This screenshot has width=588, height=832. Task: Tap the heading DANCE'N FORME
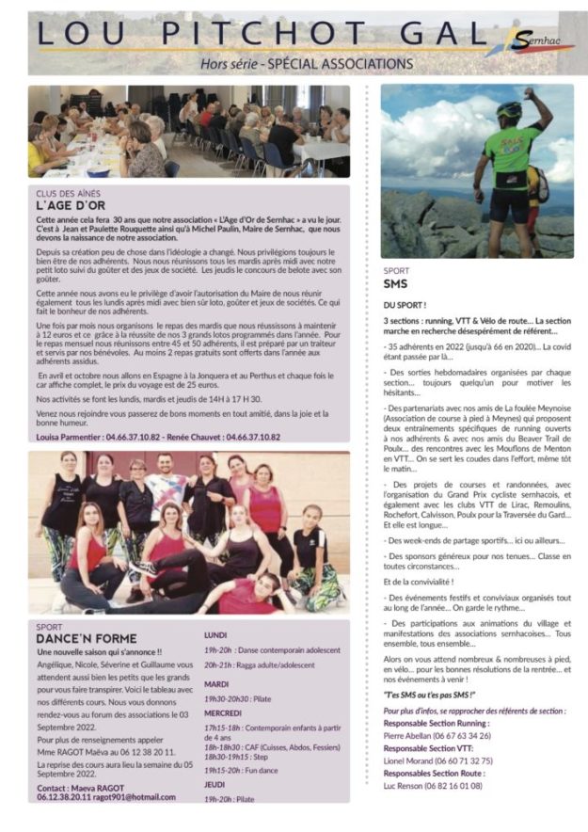pos(87,638)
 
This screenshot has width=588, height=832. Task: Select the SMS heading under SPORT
pos(395,283)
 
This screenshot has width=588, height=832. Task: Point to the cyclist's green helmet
pos(509,110)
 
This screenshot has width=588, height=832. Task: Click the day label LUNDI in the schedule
pos(215,634)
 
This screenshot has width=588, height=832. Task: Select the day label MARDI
pos(216,683)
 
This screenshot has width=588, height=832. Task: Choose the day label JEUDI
pos(215,783)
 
